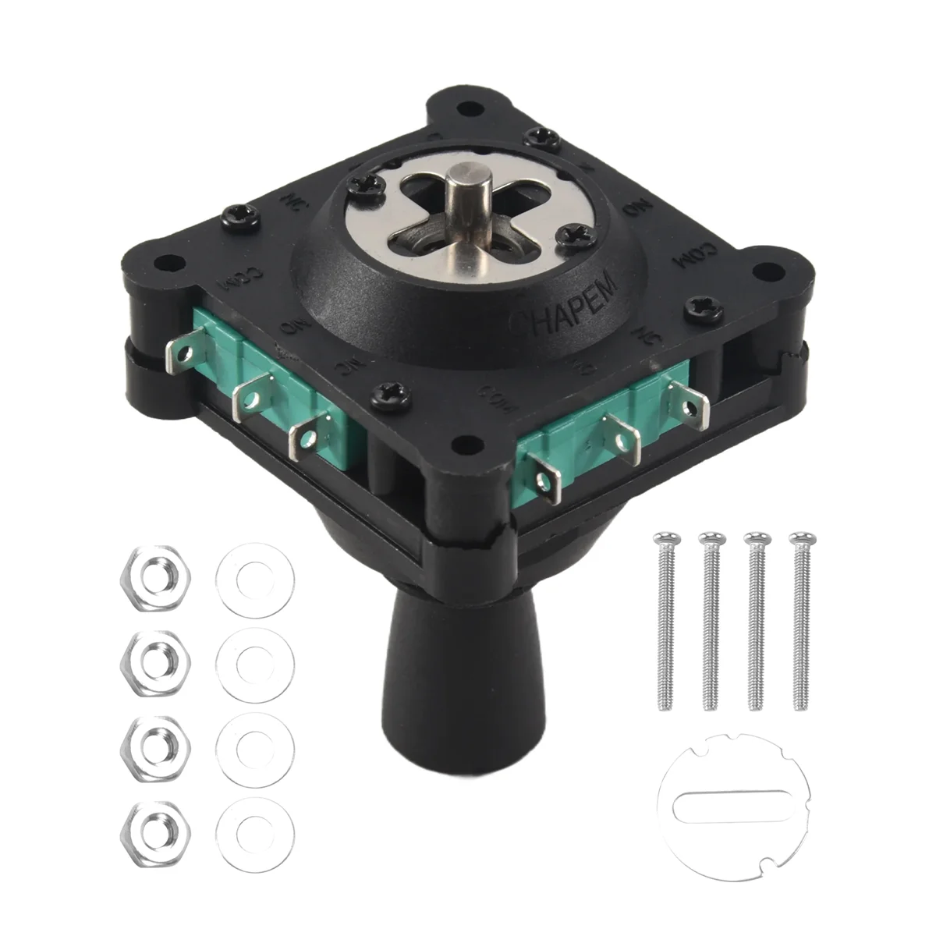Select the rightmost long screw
pyautogui.click(x=798, y=620)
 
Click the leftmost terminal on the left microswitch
pyautogui.click(x=180, y=348)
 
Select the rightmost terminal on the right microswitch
pyautogui.click(x=691, y=403)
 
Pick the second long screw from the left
pyautogui.click(x=709, y=620)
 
